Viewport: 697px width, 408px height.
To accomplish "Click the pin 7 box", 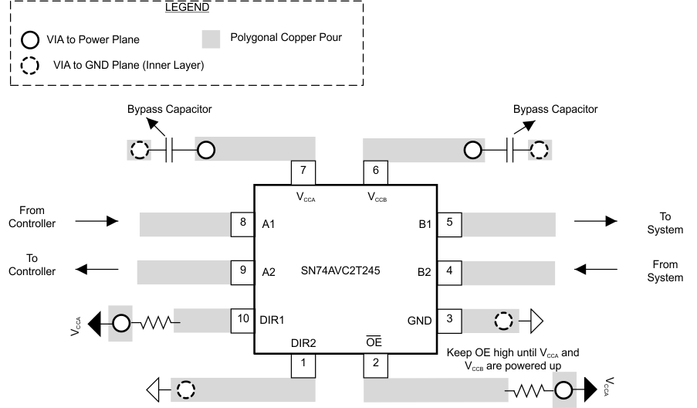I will click(303, 172).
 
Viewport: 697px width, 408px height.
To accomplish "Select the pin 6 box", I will click(375, 172).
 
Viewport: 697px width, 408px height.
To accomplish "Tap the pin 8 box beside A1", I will click(243, 223).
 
